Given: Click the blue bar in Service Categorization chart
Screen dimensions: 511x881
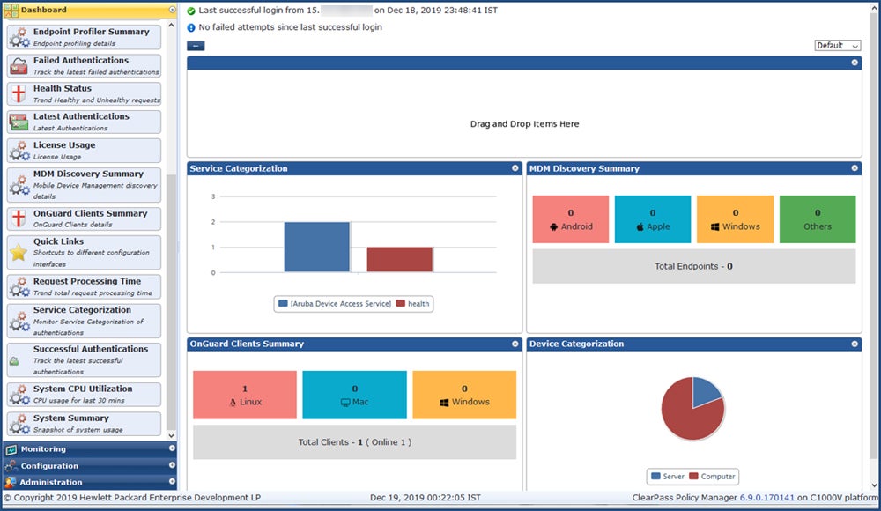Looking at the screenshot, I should (316, 247).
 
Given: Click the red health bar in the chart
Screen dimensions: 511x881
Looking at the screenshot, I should (399, 259).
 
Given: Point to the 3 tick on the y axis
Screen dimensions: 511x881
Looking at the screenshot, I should (213, 196).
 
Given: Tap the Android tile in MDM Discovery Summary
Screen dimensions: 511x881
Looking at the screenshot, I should (571, 219).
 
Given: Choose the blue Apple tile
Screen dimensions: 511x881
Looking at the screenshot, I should (652, 219).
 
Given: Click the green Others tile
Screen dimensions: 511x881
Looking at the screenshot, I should (817, 219).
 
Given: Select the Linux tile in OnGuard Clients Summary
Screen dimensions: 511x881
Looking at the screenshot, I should (245, 395).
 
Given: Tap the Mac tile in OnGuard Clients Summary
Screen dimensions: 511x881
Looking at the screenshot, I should (354, 395).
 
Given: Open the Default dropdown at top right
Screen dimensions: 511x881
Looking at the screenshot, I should (837, 46).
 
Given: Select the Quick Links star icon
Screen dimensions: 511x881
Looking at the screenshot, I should (19, 253).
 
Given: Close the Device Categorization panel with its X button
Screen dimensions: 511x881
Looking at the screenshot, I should (855, 344).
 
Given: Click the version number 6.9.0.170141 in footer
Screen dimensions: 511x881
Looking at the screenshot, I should (767, 498).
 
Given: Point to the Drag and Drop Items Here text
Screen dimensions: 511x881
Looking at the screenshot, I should (524, 124).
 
